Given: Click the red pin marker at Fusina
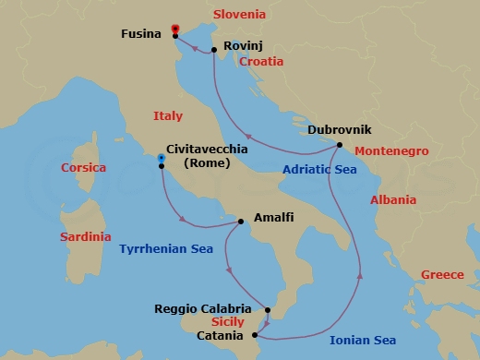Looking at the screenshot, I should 175,30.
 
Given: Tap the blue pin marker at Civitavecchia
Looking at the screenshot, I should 161,161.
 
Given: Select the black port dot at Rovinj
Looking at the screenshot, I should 214,50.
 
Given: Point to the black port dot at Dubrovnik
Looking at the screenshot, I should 340,145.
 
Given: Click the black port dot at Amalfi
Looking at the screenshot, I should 241,222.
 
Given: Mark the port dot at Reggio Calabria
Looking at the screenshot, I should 266,310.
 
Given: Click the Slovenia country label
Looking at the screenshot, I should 239,15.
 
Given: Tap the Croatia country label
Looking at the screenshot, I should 261,62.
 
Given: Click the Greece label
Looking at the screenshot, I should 443,275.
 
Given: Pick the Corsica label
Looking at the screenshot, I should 83,168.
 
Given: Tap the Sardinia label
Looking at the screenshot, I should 86,237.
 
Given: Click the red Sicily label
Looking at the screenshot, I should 227,322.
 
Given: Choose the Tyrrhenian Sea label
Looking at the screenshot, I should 166,249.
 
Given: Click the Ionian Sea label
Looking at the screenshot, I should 364,340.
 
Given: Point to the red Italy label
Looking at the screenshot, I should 167,116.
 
